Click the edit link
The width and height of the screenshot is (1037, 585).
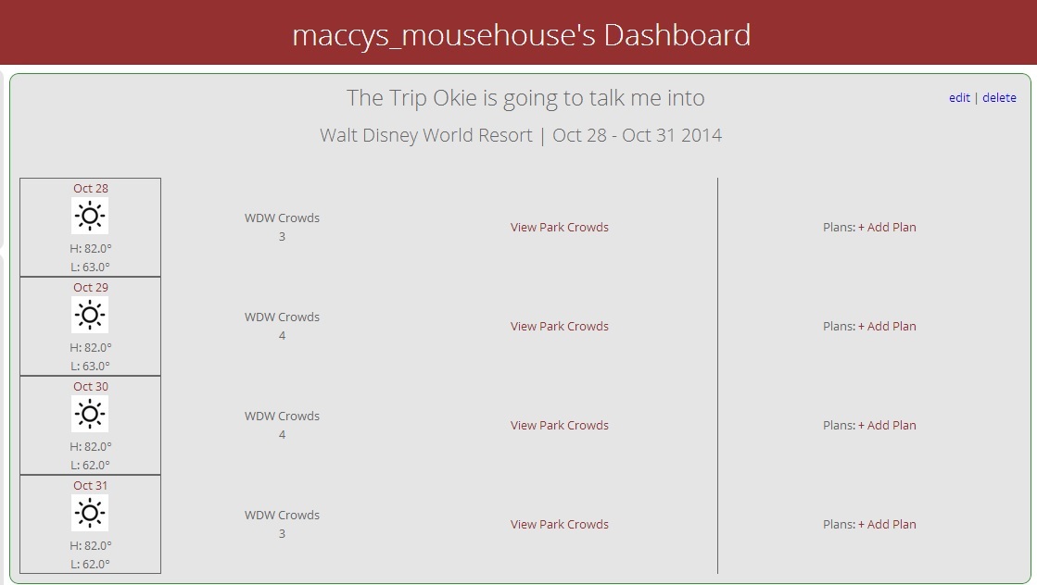959,98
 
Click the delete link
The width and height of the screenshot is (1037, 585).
999,98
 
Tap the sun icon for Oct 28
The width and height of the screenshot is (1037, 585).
90,216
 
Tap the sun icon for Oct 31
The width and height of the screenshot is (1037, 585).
90,513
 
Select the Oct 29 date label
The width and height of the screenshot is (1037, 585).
91,287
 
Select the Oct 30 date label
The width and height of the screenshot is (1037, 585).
91,386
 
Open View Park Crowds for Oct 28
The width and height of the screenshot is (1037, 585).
560,227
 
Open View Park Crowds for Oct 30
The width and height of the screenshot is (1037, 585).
560,425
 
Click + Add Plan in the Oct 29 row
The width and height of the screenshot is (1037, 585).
887,326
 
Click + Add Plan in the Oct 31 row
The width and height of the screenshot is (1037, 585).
887,524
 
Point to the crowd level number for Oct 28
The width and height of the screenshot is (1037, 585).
282,236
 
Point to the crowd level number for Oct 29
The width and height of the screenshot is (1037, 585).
282,335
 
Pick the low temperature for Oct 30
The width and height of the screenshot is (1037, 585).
91,465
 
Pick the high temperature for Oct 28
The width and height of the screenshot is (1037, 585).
91,248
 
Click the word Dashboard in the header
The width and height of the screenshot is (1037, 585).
677,35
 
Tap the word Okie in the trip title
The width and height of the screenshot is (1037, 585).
454,98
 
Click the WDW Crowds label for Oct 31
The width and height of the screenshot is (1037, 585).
282,515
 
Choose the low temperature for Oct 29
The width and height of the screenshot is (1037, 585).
91,366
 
